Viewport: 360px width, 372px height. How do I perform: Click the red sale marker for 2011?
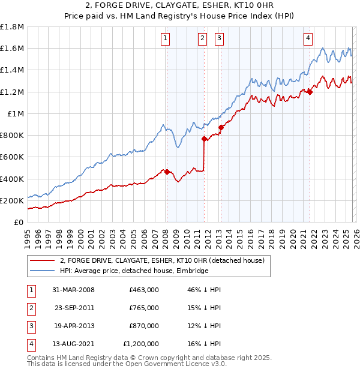click(x=204, y=139)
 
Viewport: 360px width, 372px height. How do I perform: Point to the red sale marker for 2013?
click(x=221, y=127)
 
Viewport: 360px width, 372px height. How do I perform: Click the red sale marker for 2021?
click(x=310, y=91)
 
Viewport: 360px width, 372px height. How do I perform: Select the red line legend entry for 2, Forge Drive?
click(x=166, y=260)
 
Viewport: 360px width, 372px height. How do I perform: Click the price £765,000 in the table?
click(x=144, y=308)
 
